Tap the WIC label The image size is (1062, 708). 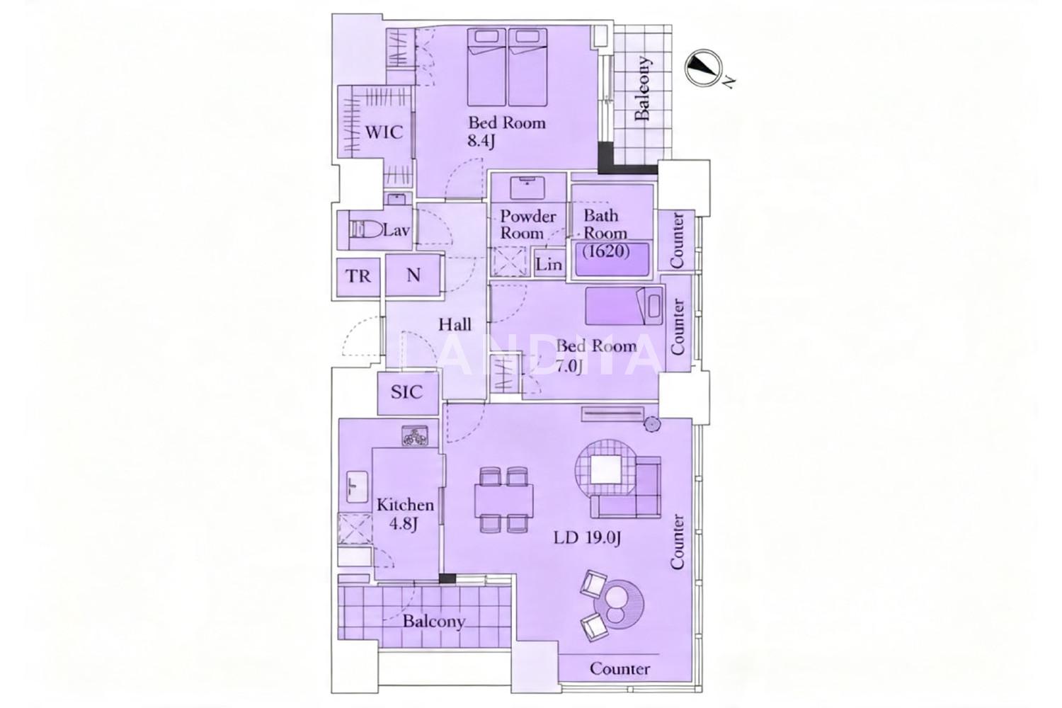pyautogui.click(x=384, y=132)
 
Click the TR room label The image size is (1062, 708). pyautogui.click(x=358, y=276)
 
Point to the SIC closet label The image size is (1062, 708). pyautogui.click(x=407, y=392)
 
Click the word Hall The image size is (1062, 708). pyautogui.click(x=455, y=324)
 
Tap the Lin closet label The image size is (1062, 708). pyautogui.click(x=549, y=264)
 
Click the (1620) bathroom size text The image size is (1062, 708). pyautogui.click(x=607, y=251)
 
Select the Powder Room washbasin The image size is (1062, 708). pyautogui.click(x=527, y=188)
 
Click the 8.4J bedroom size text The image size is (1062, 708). pyautogui.click(x=481, y=141)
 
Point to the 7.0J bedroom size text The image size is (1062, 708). pyautogui.click(x=569, y=367)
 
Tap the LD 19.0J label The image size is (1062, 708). pyautogui.click(x=588, y=538)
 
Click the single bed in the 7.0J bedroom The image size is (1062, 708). pyautogui.click(x=624, y=306)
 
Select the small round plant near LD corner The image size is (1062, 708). pyautogui.click(x=651, y=424)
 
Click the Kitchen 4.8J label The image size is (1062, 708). pyautogui.click(x=406, y=513)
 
